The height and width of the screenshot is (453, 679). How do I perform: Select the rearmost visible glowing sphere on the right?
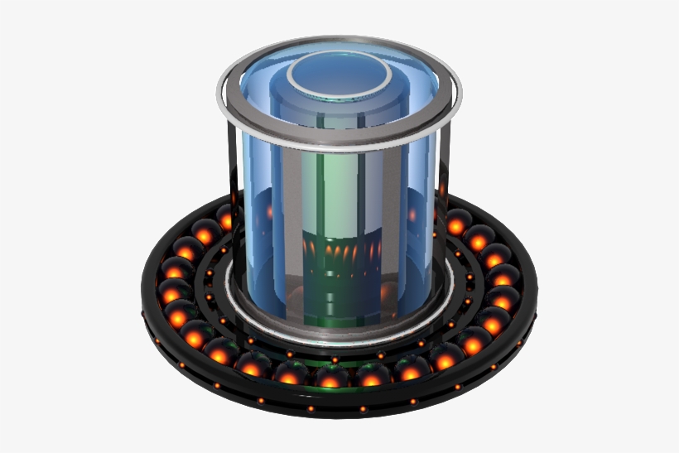coord(458,222)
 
